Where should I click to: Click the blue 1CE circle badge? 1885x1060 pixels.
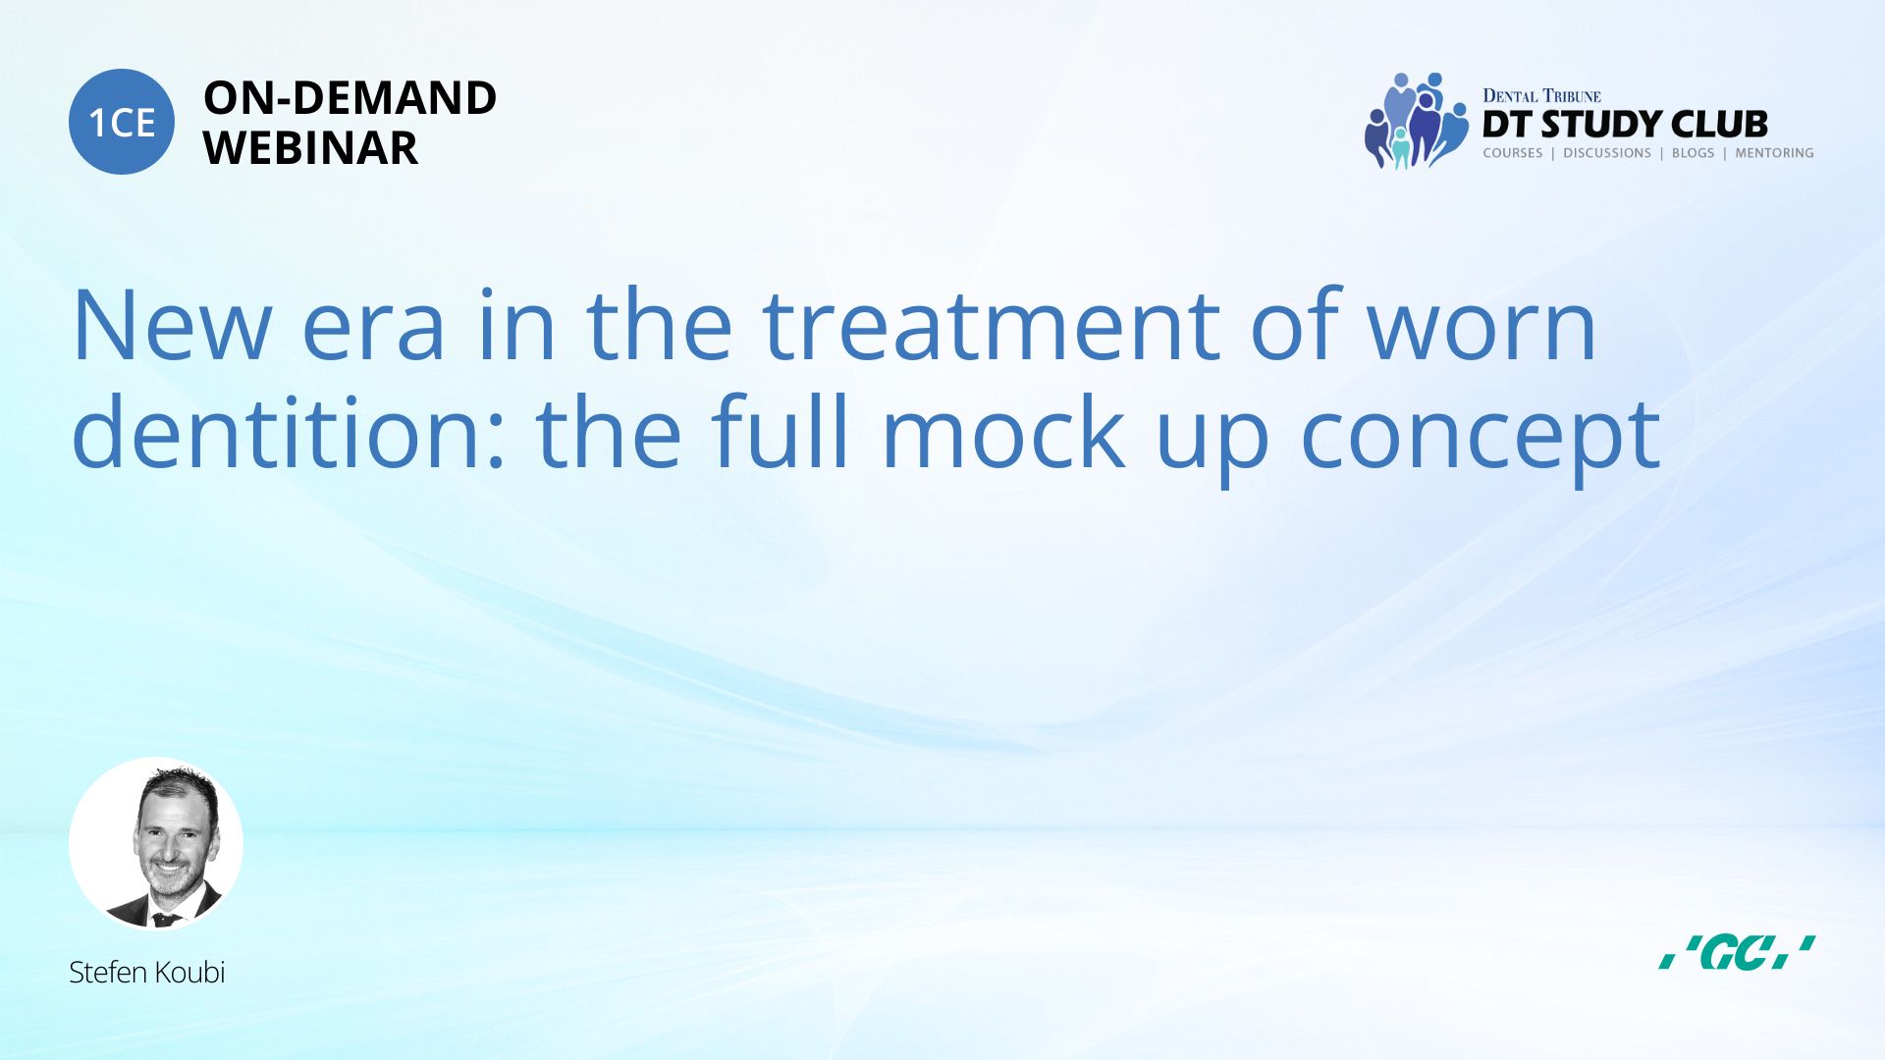click(x=122, y=122)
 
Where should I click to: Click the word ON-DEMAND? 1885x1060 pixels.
click(x=350, y=98)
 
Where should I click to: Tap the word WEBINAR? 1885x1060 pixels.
click(x=310, y=148)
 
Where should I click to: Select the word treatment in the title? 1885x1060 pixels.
click(x=991, y=326)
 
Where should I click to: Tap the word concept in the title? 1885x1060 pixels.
click(x=1481, y=440)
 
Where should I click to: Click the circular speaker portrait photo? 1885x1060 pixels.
click(x=156, y=844)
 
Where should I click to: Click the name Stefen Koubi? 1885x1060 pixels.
click(x=147, y=973)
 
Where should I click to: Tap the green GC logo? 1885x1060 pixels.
click(x=1737, y=952)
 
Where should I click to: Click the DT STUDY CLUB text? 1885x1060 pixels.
click(x=1625, y=125)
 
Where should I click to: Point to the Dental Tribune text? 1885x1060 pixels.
click(x=1541, y=96)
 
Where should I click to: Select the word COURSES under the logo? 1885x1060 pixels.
click(x=1513, y=153)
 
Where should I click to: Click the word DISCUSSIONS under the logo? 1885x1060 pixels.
click(x=1607, y=153)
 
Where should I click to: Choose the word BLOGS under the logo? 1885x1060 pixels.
click(x=1693, y=153)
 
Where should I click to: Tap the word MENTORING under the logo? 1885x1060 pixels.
click(x=1774, y=153)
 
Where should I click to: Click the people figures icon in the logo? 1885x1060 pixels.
click(x=1416, y=121)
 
